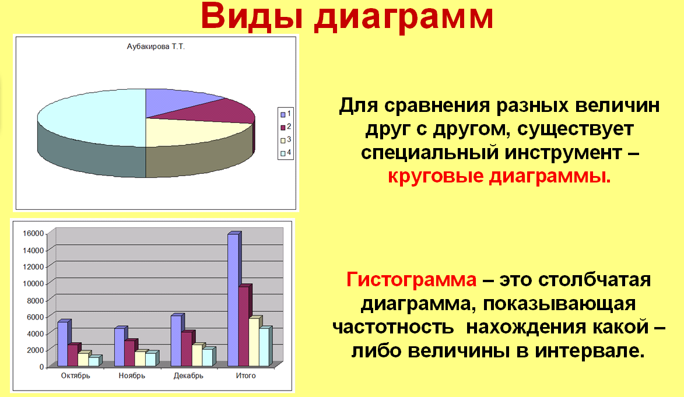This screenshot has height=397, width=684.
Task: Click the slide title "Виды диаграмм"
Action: click(x=347, y=16)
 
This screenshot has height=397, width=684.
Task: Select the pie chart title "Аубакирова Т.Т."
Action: click(x=156, y=46)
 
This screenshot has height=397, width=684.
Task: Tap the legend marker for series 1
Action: click(x=283, y=114)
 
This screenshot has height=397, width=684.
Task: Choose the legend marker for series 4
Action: click(x=283, y=153)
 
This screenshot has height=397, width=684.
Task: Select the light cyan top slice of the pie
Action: click(x=96, y=118)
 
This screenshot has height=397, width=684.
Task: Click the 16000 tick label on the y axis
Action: click(x=34, y=233)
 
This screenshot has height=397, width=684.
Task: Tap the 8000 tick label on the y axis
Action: click(x=36, y=301)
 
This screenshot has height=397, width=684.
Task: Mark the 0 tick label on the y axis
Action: click(x=42, y=367)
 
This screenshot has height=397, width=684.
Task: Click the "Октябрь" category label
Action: click(x=75, y=375)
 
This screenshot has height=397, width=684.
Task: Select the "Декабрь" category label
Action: click(x=188, y=375)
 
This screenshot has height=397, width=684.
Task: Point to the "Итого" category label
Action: click(x=245, y=375)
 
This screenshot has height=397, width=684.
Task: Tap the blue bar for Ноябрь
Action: click(x=120, y=346)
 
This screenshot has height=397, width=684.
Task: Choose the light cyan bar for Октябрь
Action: click(x=94, y=361)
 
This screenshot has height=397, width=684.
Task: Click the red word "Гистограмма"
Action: click(x=411, y=280)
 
